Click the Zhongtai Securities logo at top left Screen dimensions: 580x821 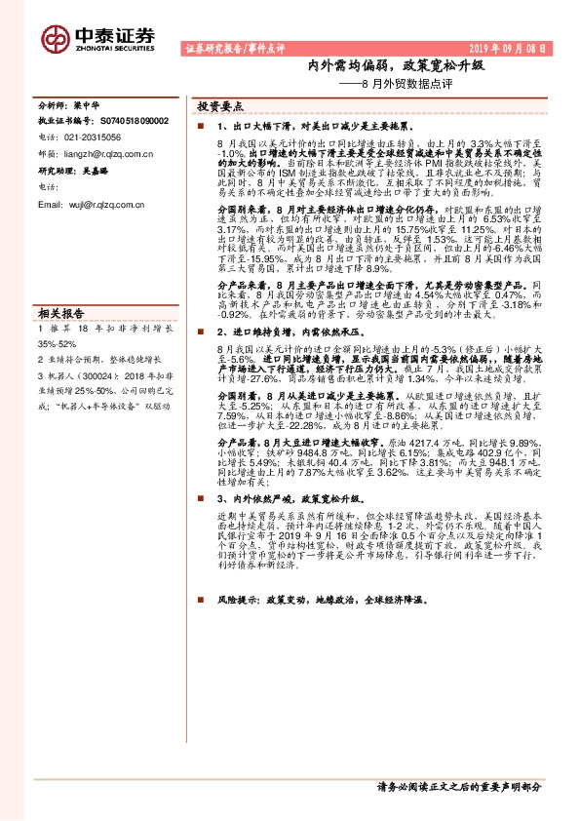pos(98,37)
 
